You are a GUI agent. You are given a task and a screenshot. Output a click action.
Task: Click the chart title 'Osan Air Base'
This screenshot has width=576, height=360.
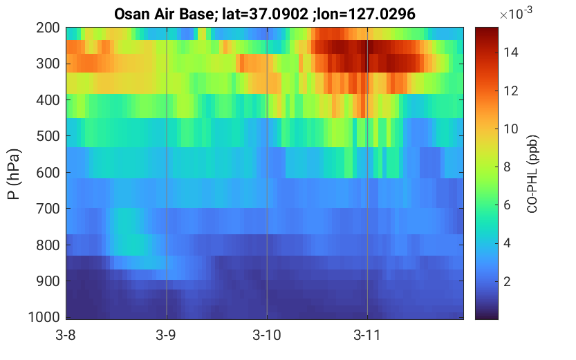click(x=164, y=15)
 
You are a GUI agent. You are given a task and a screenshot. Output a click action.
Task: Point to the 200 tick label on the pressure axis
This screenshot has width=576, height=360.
click(x=48, y=28)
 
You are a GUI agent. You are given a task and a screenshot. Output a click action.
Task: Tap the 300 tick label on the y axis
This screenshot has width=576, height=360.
click(x=48, y=64)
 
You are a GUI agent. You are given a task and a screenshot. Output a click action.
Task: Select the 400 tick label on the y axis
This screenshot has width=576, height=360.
click(x=48, y=100)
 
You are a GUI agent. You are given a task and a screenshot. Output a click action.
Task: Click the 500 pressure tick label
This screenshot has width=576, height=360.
click(x=48, y=136)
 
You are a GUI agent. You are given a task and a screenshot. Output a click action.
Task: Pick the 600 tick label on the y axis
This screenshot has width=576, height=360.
click(x=48, y=173)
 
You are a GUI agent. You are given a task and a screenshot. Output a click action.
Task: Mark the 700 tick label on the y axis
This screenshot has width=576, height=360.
click(x=48, y=209)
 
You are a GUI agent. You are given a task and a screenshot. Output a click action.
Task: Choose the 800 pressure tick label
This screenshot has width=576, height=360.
click(x=48, y=245)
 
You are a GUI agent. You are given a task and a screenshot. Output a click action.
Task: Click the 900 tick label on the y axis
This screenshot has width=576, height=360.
click(x=48, y=281)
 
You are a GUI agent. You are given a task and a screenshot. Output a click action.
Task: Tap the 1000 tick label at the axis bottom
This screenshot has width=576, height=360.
click(x=44, y=317)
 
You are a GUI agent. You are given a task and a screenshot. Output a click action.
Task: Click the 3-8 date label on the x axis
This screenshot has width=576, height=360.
click(x=66, y=335)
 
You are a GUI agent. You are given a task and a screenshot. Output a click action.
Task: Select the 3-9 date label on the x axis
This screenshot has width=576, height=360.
click(x=166, y=335)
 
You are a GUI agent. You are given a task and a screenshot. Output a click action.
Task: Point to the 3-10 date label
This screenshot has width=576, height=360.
click(x=267, y=335)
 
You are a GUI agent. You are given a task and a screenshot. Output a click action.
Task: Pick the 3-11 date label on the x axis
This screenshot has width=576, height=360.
click(x=366, y=335)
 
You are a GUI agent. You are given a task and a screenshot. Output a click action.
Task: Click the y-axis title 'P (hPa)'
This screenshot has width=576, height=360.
click(x=14, y=174)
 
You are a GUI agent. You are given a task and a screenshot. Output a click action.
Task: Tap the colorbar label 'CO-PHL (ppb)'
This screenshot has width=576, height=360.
click(x=532, y=174)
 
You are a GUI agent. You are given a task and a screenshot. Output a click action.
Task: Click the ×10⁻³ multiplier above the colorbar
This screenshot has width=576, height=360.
click(x=516, y=14)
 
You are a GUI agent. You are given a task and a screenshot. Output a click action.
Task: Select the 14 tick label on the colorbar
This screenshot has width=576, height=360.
click(x=510, y=53)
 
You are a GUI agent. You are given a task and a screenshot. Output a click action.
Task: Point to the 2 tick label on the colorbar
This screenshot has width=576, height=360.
click(x=508, y=281)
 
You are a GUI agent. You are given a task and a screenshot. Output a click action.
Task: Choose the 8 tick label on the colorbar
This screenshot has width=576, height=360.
click(x=508, y=167)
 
